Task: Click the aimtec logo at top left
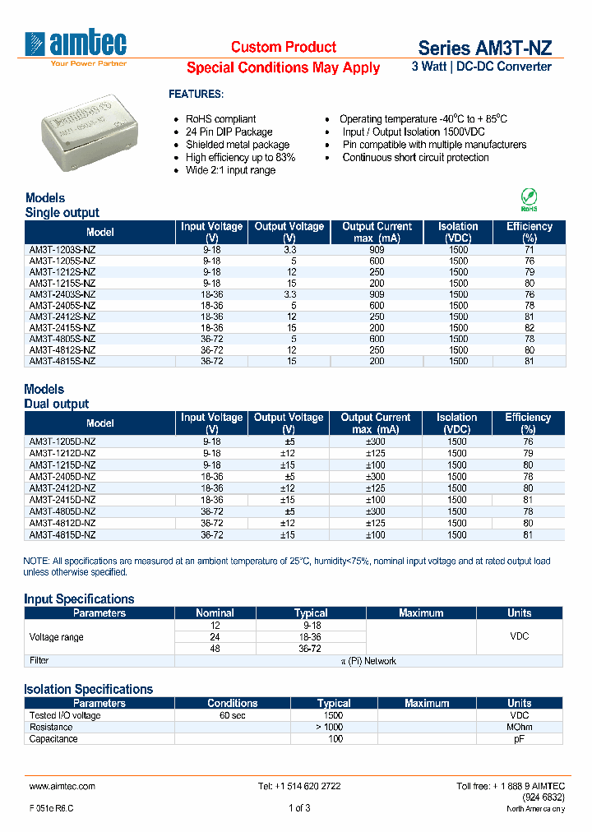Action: pyautogui.click(x=76, y=46)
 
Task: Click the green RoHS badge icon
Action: pyautogui.click(x=530, y=199)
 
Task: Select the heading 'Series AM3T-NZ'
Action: pyautogui.click(x=484, y=48)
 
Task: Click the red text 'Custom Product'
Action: pyautogui.click(x=283, y=47)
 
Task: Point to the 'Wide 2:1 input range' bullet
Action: pyautogui.click(x=230, y=170)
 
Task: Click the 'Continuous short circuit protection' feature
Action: pyautogui.click(x=415, y=158)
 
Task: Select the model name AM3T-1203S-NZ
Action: pyautogui.click(x=62, y=249)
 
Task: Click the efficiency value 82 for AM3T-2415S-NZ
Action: pyautogui.click(x=530, y=328)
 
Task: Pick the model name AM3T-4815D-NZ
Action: pyautogui.click(x=62, y=534)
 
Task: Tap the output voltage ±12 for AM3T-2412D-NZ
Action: pyautogui.click(x=289, y=488)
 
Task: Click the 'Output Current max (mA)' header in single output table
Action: pyautogui.click(x=377, y=232)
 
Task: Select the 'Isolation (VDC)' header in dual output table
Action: pyautogui.click(x=456, y=423)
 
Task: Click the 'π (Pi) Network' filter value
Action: pyautogui.click(x=368, y=661)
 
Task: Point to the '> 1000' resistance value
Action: pyautogui.click(x=334, y=728)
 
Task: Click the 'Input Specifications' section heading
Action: pyautogui.click(x=79, y=599)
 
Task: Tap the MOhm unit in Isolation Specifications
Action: pyautogui.click(x=519, y=728)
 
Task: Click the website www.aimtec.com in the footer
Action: pyautogui.click(x=62, y=786)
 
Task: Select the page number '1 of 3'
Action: pyautogui.click(x=299, y=808)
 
